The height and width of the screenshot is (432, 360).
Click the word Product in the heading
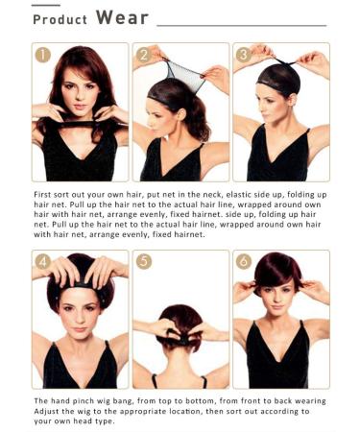(x=60, y=19)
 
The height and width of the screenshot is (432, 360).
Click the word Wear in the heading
(x=121, y=18)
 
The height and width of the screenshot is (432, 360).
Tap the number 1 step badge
(x=44, y=56)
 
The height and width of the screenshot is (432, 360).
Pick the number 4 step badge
(x=44, y=262)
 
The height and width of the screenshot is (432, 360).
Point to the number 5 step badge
(x=144, y=262)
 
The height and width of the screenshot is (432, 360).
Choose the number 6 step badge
(x=244, y=262)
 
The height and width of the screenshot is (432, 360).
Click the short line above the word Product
(x=50, y=5)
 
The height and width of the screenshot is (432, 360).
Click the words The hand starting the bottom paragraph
(x=54, y=399)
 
